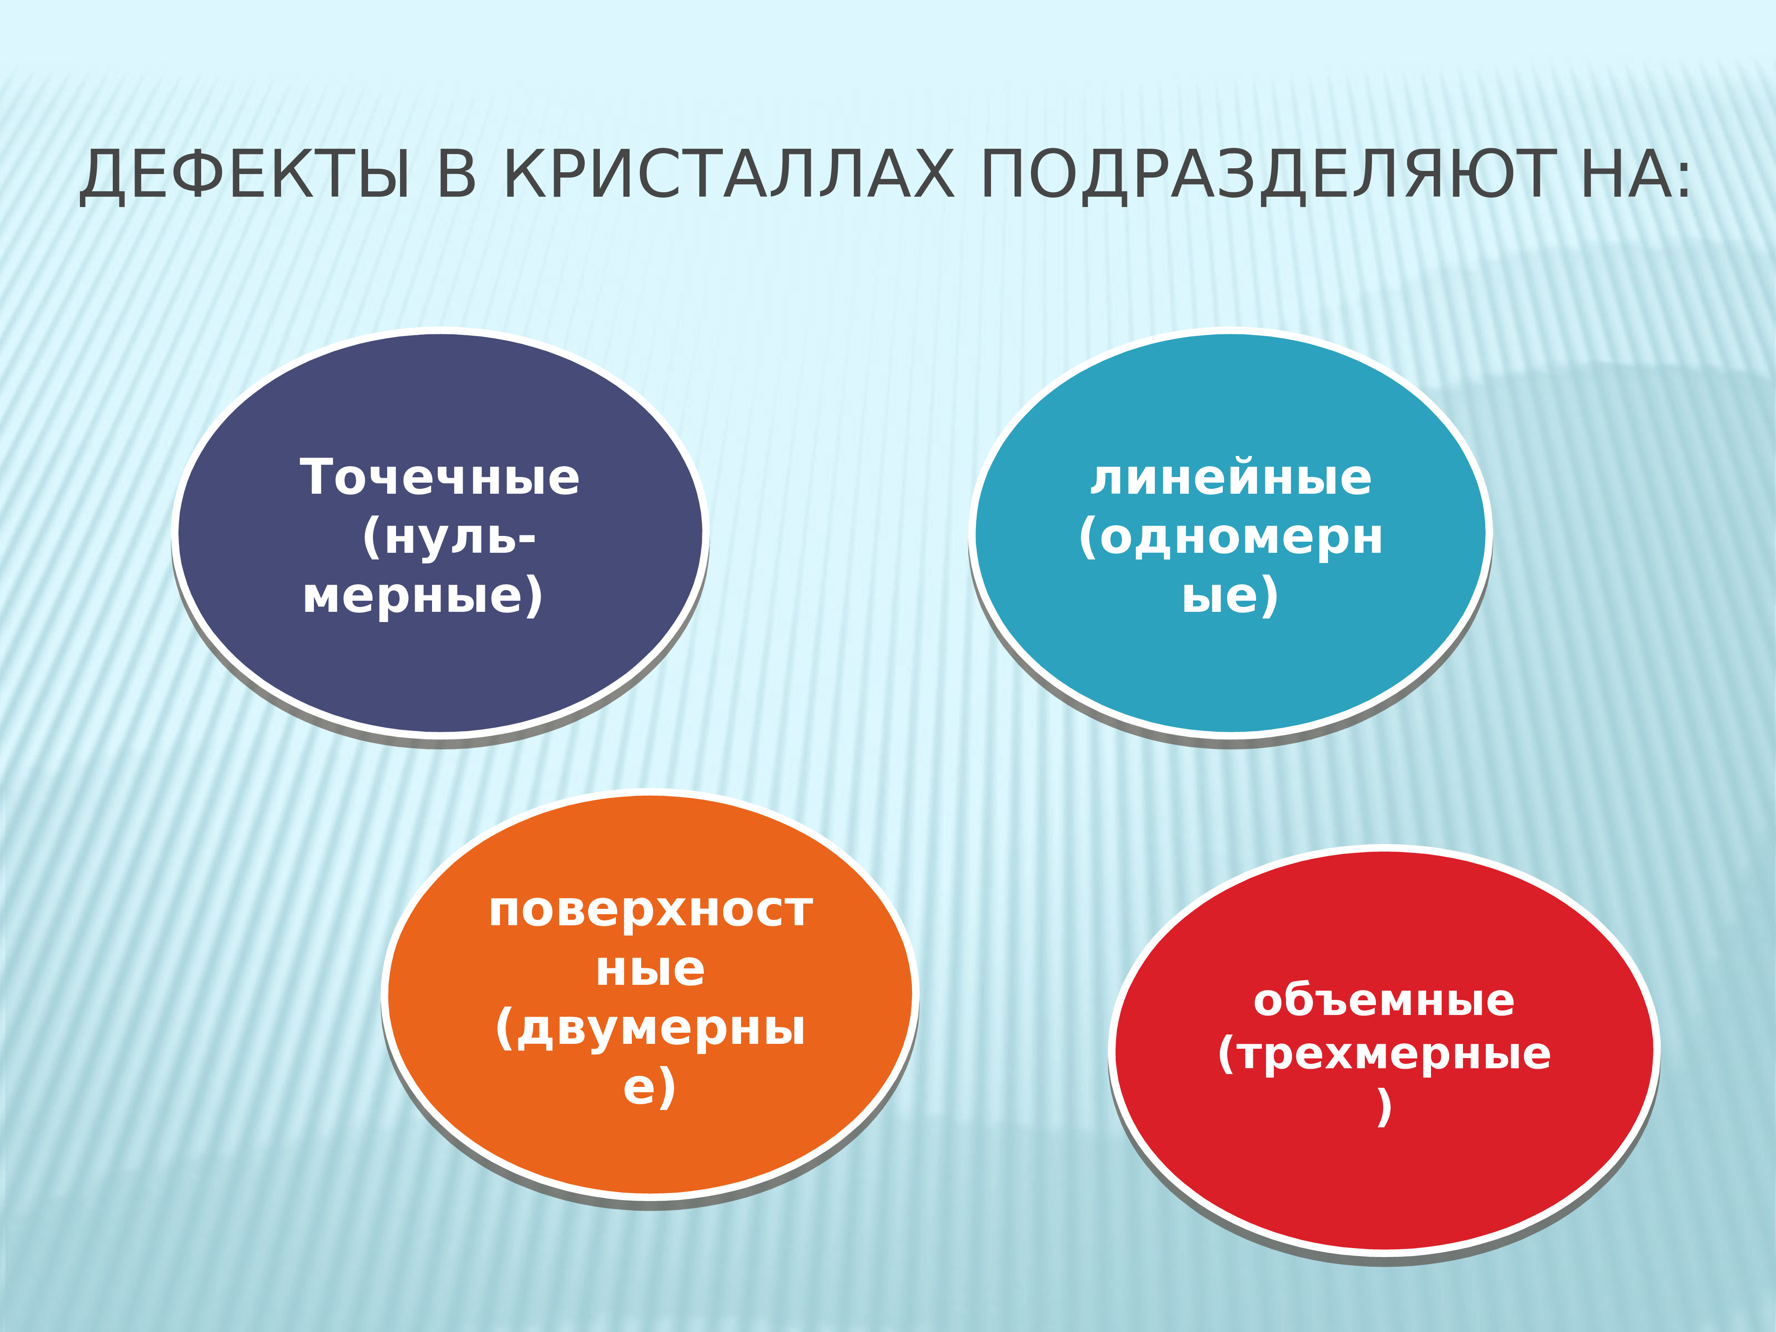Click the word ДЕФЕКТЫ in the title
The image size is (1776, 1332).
(245, 175)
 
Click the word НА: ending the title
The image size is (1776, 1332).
(1634, 175)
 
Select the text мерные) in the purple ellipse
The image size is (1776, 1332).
(423, 597)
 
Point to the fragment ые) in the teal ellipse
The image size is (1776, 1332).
(1229, 597)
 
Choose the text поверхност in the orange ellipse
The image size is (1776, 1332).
(650, 911)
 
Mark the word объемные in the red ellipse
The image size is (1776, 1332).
(1384, 1000)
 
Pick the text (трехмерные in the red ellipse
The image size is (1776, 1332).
(1384, 1054)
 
